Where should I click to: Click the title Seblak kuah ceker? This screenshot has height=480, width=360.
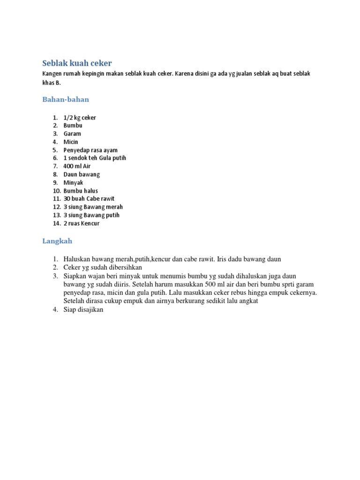(77, 63)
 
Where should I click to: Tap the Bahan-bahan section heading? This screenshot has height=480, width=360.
(66, 99)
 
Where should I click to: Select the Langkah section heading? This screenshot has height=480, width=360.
(57, 241)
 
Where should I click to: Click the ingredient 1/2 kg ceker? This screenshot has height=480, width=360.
(80, 118)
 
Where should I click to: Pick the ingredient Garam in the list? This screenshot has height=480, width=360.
(72, 134)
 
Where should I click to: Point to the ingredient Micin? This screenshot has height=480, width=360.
(71, 142)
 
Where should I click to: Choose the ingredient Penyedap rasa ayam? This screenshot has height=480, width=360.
(90, 150)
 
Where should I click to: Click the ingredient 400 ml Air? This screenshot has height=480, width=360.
(77, 166)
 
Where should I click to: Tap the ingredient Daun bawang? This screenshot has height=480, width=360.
(82, 174)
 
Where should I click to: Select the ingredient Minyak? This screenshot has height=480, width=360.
(74, 182)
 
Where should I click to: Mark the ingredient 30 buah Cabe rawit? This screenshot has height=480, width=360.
(89, 199)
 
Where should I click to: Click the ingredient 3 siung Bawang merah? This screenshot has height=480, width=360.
(93, 207)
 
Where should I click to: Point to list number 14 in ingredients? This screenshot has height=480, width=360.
(56, 223)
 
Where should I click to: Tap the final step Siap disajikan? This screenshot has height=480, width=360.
(83, 310)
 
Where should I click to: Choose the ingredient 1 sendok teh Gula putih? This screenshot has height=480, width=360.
(95, 158)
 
